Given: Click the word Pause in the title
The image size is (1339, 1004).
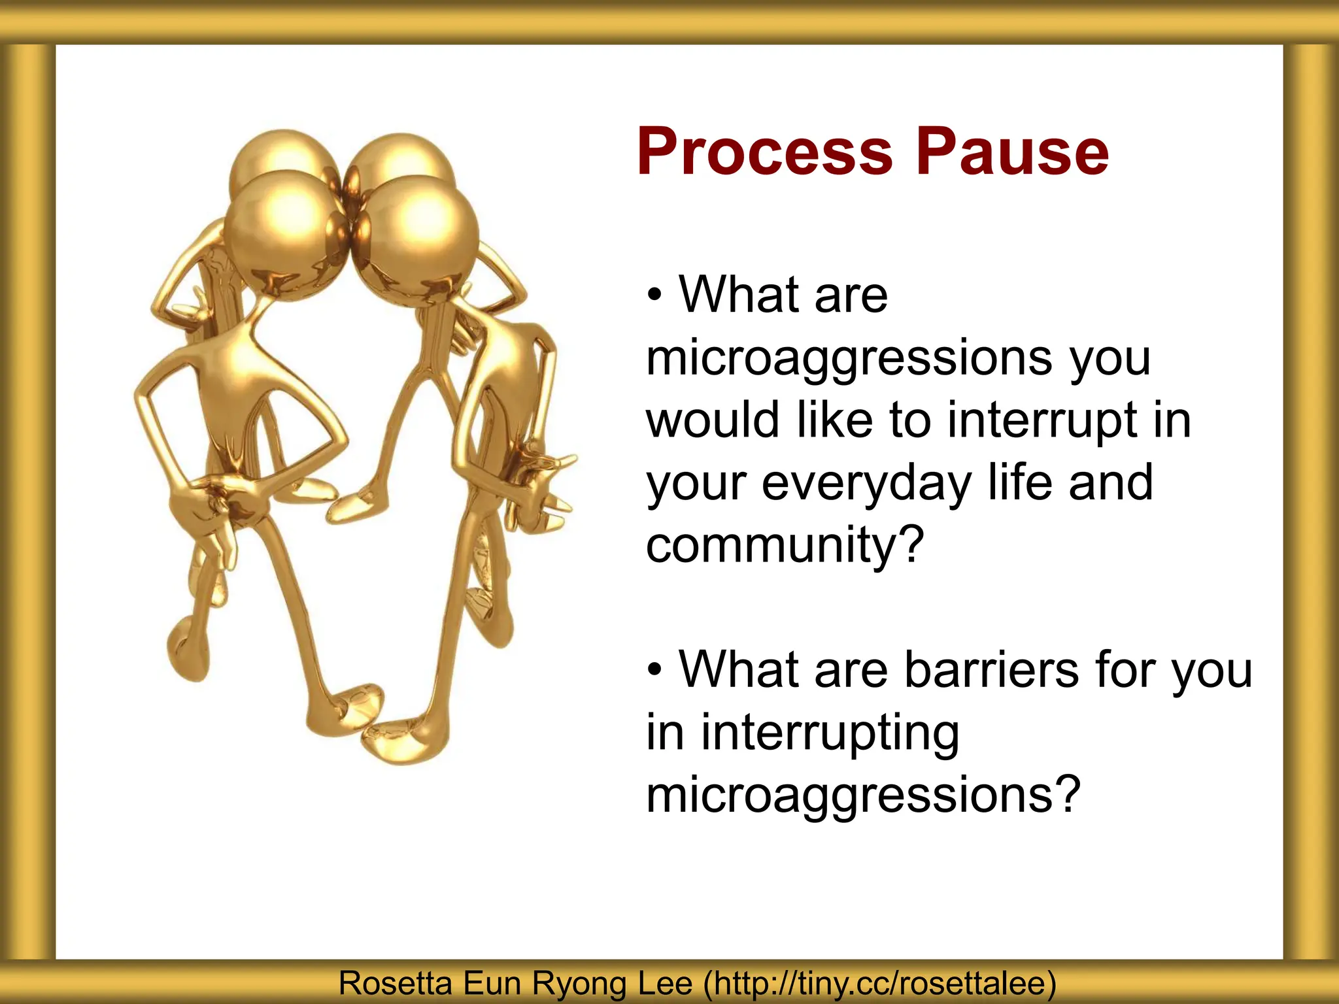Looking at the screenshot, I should click(x=1011, y=152).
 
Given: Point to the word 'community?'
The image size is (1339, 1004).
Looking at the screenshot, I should click(x=785, y=544).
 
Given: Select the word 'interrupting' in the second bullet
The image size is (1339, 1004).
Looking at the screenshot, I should click(x=830, y=734).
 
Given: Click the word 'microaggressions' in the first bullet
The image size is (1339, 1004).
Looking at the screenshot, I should click(x=850, y=359).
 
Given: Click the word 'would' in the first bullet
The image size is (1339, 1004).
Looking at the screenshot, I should click(x=713, y=420).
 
